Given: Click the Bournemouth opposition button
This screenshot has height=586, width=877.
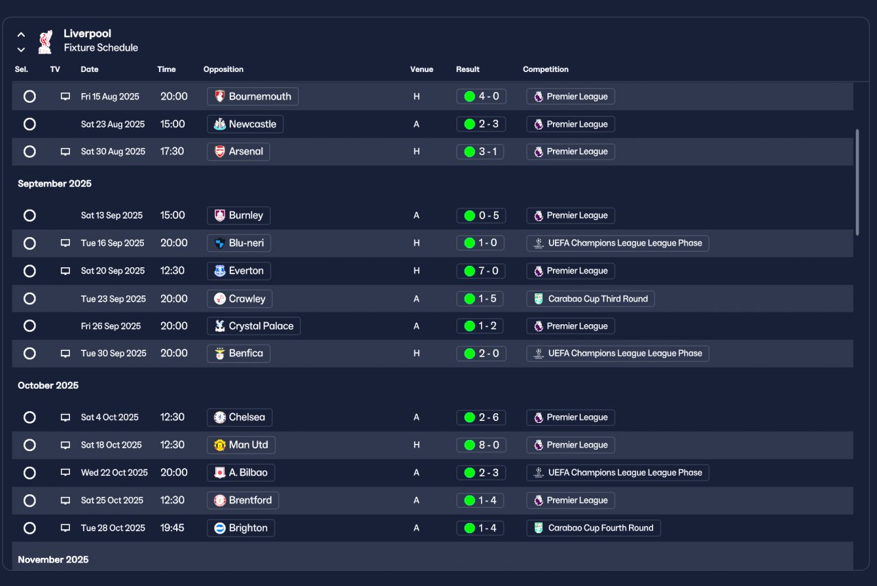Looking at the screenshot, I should coord(252,97).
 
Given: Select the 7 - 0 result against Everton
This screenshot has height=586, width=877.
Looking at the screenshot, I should coord(481,271).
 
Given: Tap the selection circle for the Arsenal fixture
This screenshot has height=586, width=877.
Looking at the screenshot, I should coord(29,151).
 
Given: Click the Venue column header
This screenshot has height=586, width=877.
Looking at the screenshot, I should coord(421,69).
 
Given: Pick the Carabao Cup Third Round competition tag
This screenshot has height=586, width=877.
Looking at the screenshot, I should coord(590,299).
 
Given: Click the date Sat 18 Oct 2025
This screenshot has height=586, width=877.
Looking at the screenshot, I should coord(111,445).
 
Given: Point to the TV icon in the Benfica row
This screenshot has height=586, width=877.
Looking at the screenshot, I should coord(66,354).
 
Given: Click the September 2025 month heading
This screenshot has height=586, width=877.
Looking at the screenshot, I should coord(55,184).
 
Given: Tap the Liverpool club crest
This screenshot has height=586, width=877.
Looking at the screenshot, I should coord(45,41).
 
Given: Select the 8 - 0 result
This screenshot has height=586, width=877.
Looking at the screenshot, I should coord(481,445).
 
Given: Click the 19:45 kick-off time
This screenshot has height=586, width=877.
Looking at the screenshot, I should coord(172,528).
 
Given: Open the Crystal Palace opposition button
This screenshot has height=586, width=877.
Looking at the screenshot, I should coord(254,326).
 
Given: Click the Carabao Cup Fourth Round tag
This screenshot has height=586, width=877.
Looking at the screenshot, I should coord(593,528).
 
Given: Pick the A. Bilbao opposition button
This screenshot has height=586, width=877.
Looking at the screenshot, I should coord(240,472).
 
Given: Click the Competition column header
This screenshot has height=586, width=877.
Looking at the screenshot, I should coord(545,69).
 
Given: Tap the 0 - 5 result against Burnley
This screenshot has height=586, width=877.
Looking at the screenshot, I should coord(481,215).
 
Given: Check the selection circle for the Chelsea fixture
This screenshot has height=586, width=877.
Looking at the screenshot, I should coord(29,417).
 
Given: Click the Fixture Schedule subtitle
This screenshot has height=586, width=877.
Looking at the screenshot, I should coord(101,48).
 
